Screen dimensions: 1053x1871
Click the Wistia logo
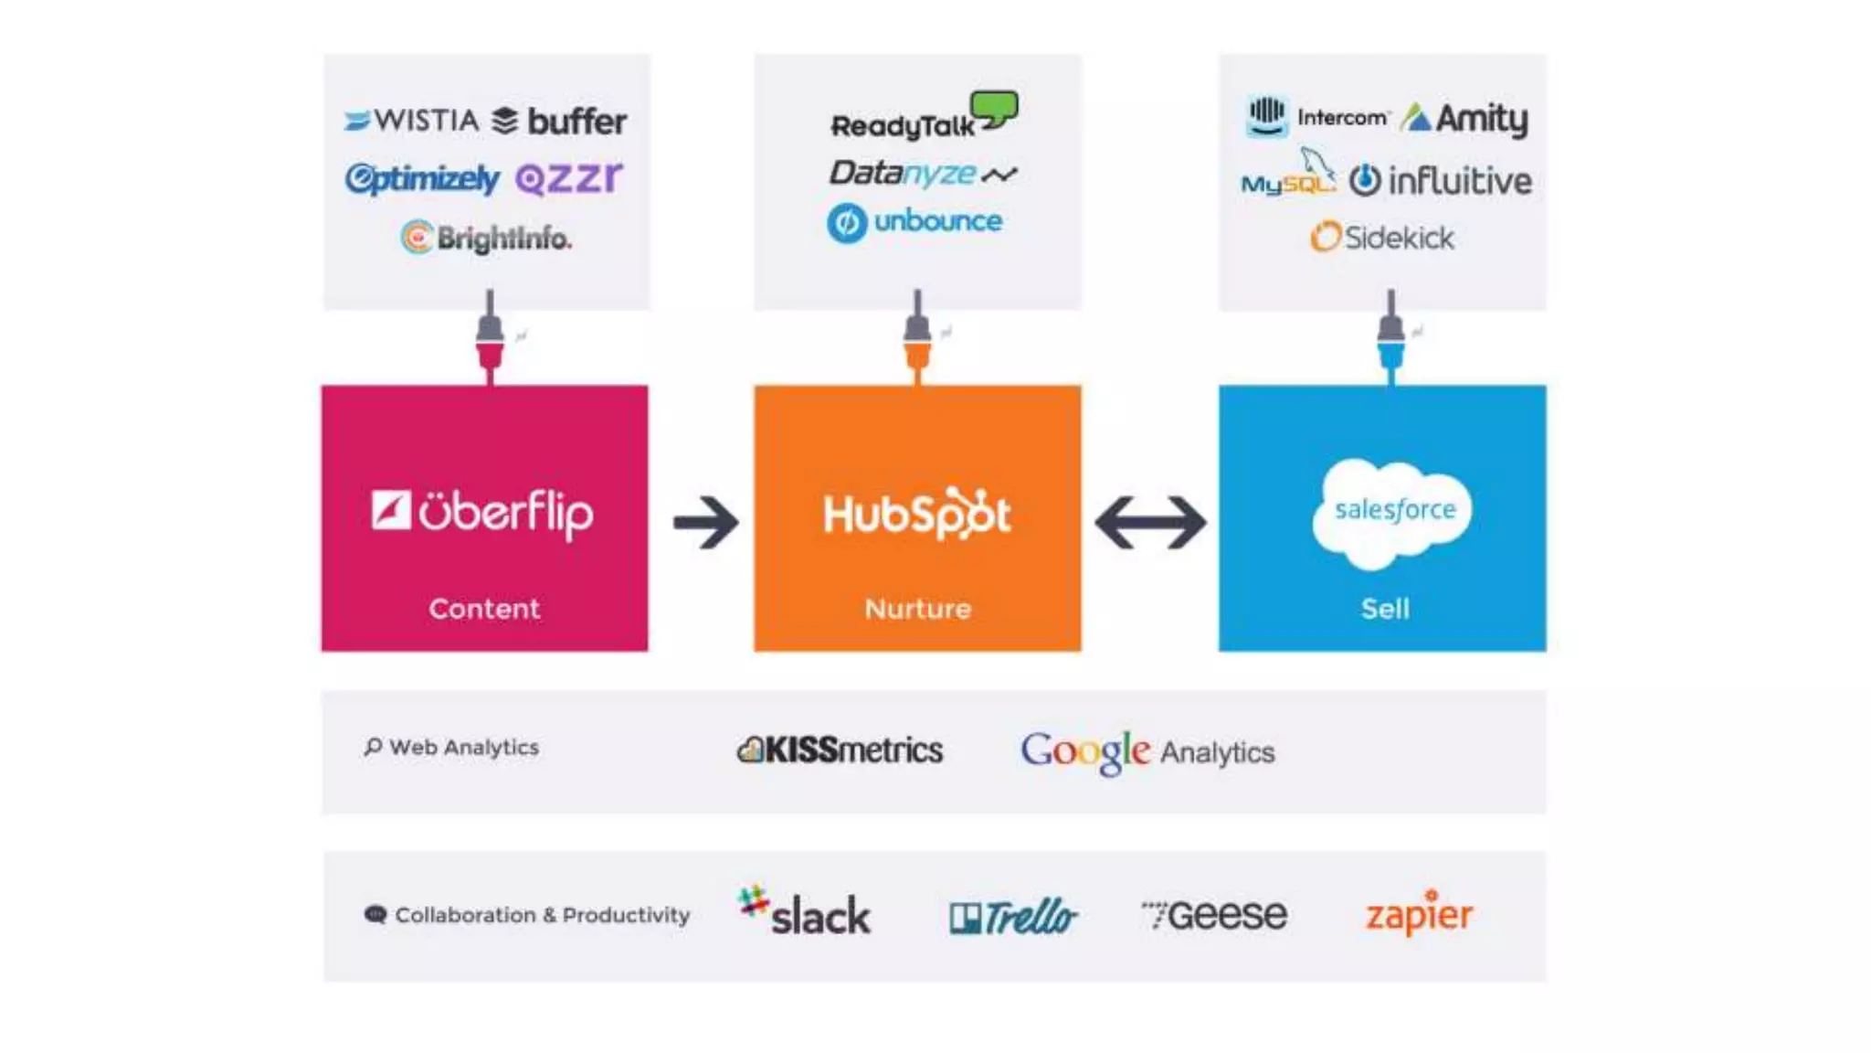click(x=411, y=121)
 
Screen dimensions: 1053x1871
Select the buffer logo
click(x=559, y=121)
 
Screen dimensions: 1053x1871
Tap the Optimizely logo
click(x=422, y=178)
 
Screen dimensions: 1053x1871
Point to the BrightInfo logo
click(x=486, y=238)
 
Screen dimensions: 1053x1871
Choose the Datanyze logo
click(x=923, y=173)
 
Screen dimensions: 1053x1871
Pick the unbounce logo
click(x=914, y=222)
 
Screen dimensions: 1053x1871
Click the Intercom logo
click(x=1317, y=117)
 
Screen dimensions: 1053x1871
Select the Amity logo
click(x=1464, y=119)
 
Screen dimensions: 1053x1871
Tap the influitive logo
click(x=1441, y=181)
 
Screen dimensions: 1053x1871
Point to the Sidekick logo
click(x=1382, y=238)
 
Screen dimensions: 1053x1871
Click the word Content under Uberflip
click(x=484, y=609)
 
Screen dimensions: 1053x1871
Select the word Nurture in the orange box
click(x=917, y=609)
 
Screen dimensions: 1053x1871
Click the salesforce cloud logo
click(x=1391, y=512)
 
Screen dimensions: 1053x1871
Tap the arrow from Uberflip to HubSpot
click(x=705, y=522)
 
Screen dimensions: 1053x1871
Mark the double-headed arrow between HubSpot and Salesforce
click(x=1150, y=522)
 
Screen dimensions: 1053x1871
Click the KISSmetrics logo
click(x=840, y=750)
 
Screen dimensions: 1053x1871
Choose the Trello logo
click(x=1013, y=916)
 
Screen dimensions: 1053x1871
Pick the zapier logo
click(x=1419, y=913)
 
